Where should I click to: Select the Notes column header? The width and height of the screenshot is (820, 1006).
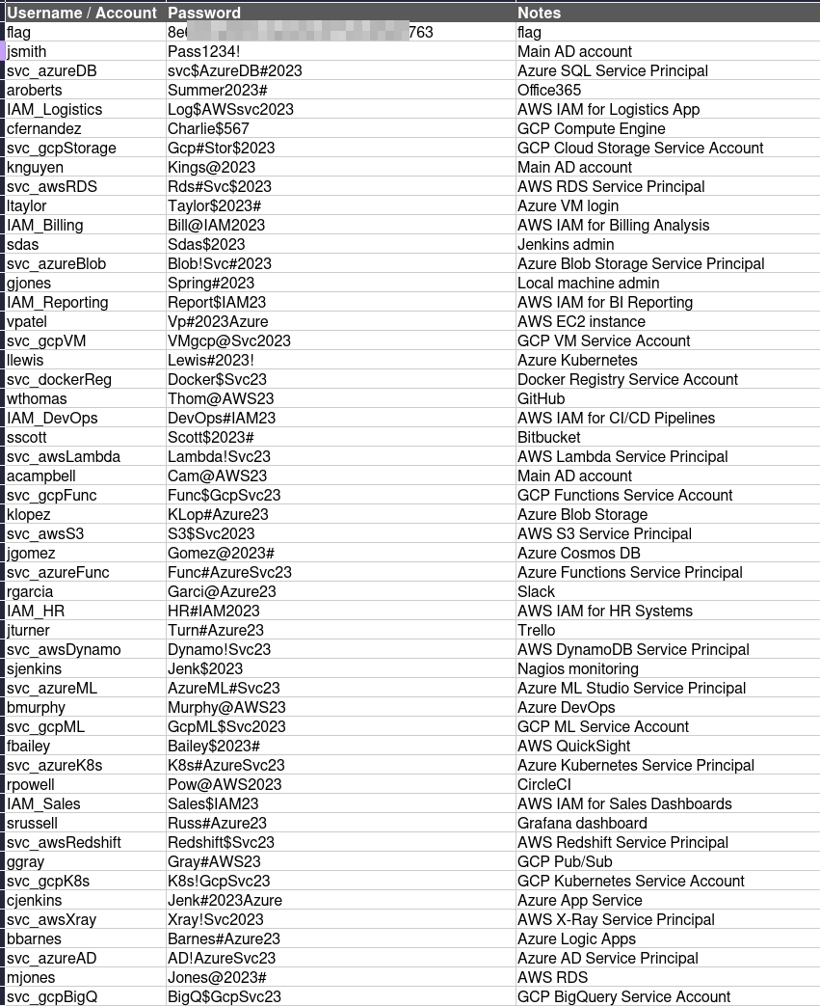coord(539,13)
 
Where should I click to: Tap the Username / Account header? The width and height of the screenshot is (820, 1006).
coord(81,13)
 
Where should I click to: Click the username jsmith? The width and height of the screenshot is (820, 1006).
coord(26,51)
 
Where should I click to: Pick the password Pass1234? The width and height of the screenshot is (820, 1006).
coord(204,51)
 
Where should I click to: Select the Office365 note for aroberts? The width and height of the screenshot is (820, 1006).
coord(549,90)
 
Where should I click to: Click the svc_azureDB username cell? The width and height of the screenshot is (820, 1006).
coord(51,70)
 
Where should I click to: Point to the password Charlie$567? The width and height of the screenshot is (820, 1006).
coord(208,128)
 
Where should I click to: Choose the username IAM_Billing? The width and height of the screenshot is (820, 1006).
coord(44,225)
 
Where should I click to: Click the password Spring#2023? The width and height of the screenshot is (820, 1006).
coord(211,283)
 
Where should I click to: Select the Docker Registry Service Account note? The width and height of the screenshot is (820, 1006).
coord(627,379)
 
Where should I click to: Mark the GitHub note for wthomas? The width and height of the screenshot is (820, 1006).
coord(541,398)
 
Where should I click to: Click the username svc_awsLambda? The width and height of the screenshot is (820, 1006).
coord(64,456)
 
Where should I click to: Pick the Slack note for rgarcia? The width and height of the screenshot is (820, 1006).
coord(536,591)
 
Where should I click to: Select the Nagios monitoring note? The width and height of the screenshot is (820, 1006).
coord(577,668)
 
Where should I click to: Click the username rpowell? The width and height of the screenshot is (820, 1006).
coord(31,784)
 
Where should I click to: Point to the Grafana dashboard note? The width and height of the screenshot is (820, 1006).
coord(582,823)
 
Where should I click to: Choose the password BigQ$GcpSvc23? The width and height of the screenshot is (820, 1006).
coord(225,996)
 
